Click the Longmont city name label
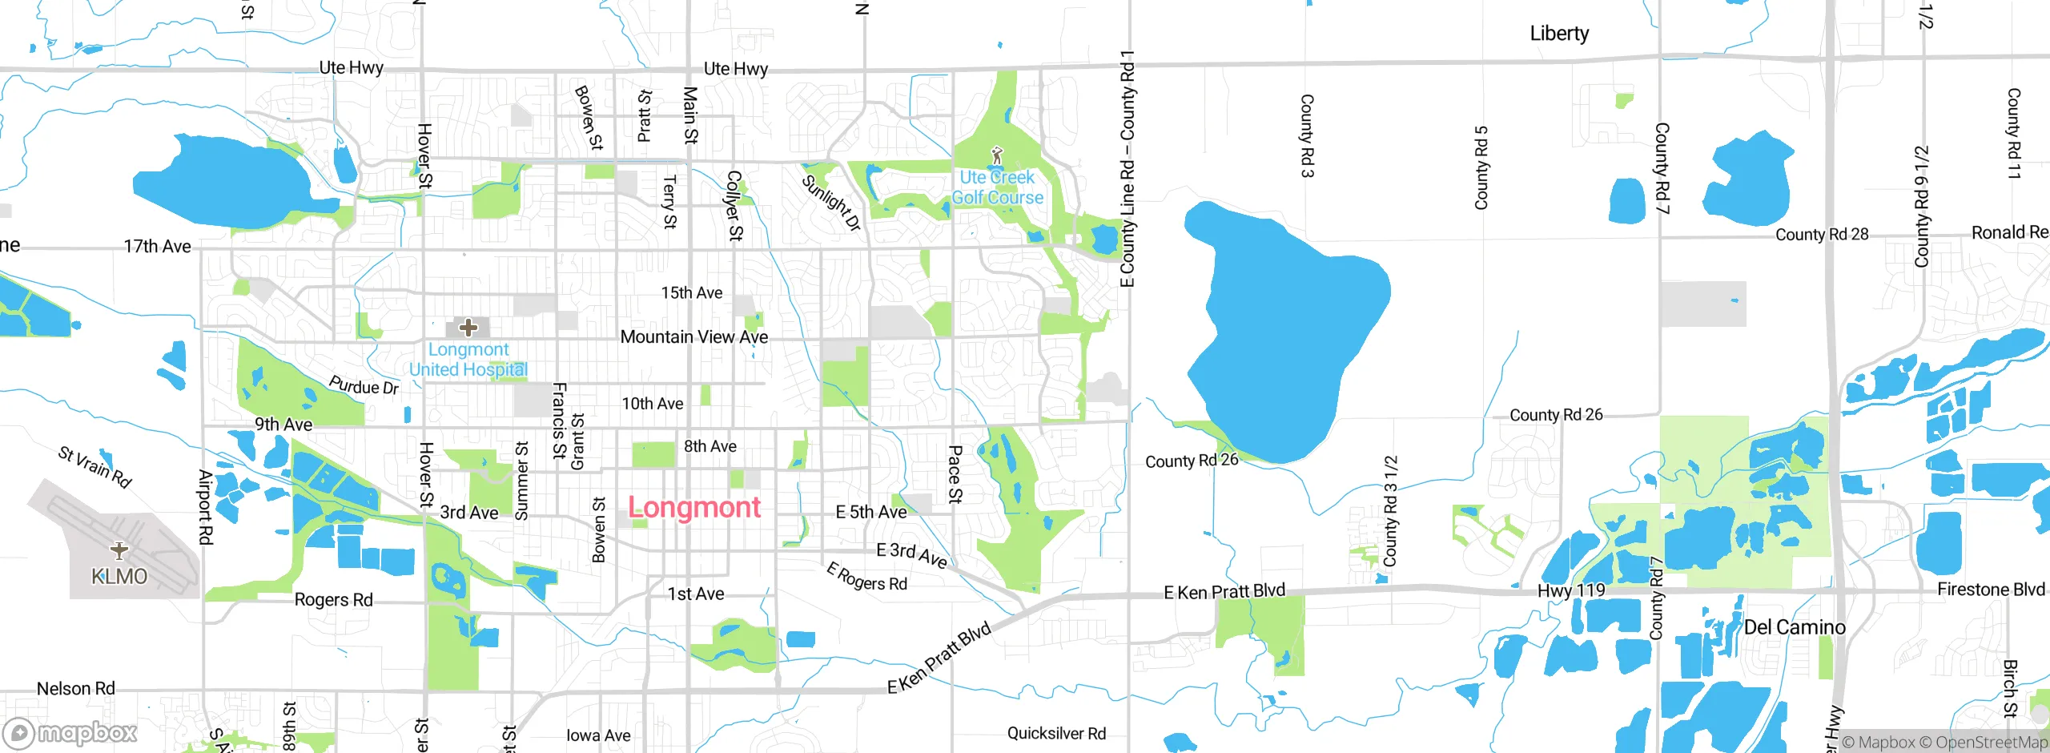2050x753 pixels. click(x=694, y=507)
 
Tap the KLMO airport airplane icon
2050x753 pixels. click(x=119, y=550)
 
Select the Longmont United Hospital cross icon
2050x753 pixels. click(x=468, y=327)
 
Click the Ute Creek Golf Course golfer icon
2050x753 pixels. click(x=997, y=155)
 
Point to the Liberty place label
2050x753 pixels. click(x=1559, y=34)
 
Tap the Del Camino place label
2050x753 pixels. click(x=1795, y=627)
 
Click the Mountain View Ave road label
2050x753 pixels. click(x=694, y=337)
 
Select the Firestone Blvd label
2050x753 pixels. click(x=1991, y=590)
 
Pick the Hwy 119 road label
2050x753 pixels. click(x=1571, y=590)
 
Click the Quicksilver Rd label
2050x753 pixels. click(x=1056, y=733)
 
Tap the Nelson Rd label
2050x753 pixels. click(x=76, y=688)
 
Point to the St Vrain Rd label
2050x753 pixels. click(x=94, y=466)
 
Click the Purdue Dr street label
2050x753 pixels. click(x=364, y=386)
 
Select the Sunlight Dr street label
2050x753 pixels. click(x=831, y=203)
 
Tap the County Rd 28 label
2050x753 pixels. click(x=1822, y=235)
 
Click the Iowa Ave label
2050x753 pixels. click(x=598, y=735)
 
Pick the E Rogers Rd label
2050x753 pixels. click(x=866, y=577)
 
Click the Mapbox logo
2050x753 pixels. click(x=70, y=732)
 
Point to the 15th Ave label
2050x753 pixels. click(x=692, y=293)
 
